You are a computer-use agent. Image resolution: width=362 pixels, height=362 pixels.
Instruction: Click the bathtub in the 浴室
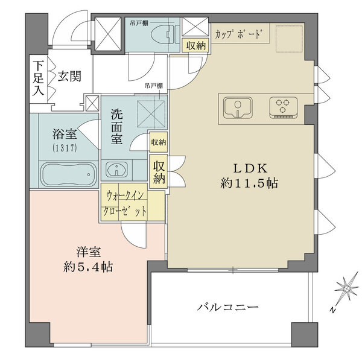click(x=68, y=173)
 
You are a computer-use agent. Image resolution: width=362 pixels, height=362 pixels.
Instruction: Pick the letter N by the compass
click(x=332, y=310)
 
